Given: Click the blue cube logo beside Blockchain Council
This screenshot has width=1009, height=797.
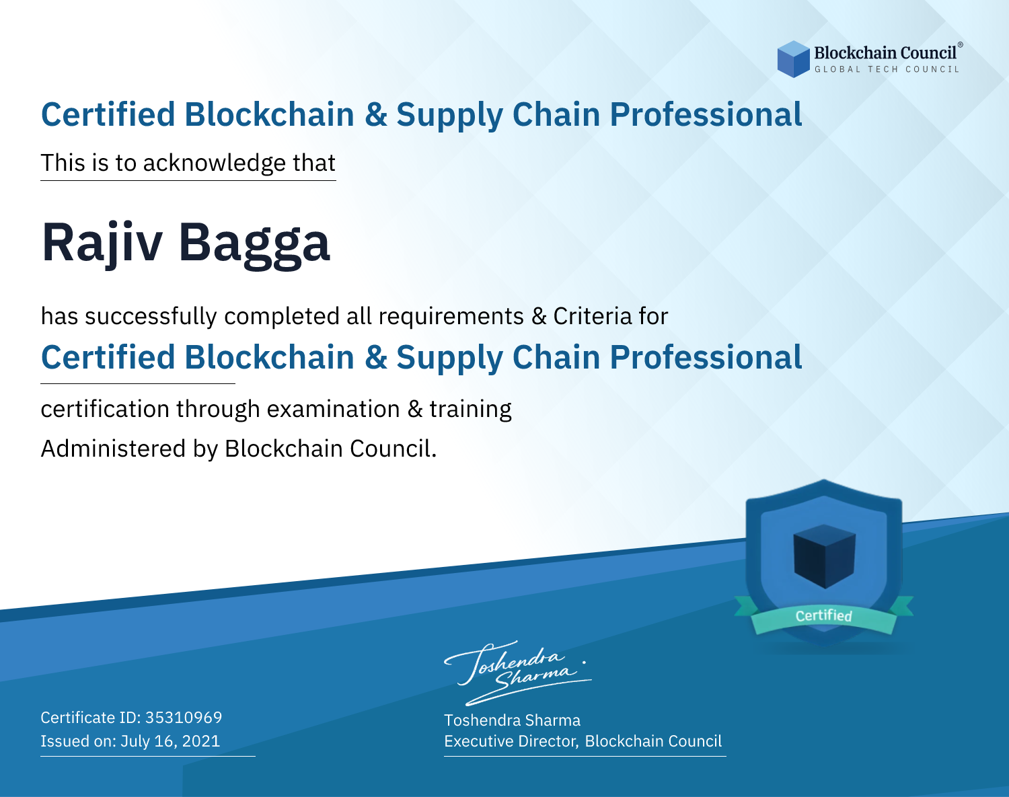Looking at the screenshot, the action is coord(793,59).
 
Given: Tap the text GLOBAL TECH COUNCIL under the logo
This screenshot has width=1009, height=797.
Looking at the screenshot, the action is coord(887,69).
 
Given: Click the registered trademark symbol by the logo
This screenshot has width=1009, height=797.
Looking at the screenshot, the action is coord(961,45).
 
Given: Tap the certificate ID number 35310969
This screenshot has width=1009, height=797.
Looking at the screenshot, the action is coord(184,717).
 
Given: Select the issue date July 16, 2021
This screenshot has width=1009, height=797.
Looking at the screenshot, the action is coord(170,741).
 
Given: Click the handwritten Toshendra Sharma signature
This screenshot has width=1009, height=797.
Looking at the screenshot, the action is coord(518,673).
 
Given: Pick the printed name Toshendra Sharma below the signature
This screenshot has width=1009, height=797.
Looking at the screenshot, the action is coord(512,720).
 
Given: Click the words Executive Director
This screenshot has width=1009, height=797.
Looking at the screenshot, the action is coord(511,741).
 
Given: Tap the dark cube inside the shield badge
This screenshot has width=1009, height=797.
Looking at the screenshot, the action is coord(824,556).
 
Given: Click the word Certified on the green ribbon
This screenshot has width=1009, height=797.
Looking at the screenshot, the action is coord(824,615).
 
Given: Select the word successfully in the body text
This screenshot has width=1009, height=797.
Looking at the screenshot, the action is coord(151,317).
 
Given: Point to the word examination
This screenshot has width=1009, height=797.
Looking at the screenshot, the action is coord(333,409).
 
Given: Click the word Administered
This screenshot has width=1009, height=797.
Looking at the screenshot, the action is coord(113,449).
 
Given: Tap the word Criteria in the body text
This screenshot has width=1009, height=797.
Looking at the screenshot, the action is coord(592,316).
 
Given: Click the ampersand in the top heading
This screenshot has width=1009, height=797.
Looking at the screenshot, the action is coord(376,115).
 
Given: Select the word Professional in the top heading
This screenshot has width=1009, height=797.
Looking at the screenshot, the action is coord(706,115).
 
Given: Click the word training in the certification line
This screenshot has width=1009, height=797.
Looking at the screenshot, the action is coord(470,410).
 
